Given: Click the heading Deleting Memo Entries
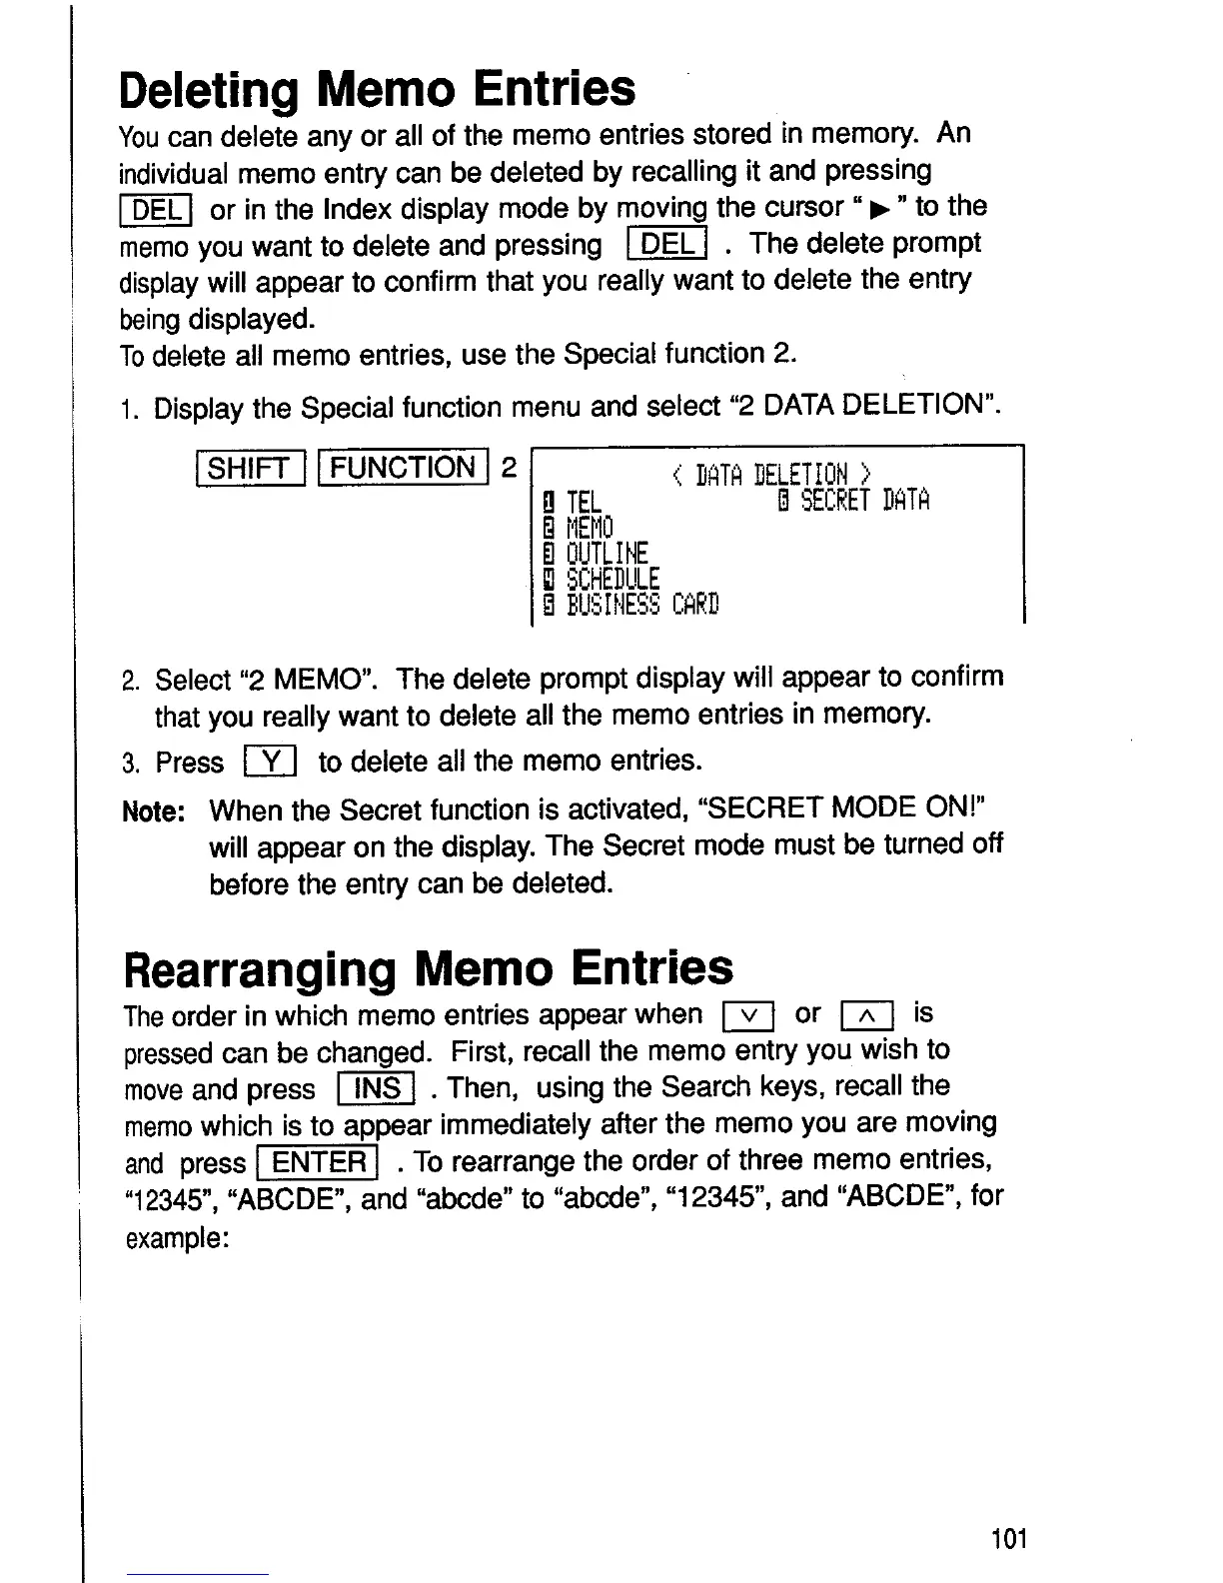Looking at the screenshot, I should (377, 88).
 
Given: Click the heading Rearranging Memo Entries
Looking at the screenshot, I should (428, 967).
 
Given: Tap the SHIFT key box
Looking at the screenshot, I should (250, 468).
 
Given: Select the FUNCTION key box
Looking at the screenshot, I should (404, 468).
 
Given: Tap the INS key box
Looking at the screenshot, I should (376, 1087).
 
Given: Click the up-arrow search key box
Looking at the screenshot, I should (867, 1016).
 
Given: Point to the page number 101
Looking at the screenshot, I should (1009, 1538).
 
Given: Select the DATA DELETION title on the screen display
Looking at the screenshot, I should (772, 474).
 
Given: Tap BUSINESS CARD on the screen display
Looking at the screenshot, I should (642, 605).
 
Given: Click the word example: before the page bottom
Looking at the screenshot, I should (177, 1237).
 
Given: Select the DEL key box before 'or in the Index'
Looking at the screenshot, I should (158, 210).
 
